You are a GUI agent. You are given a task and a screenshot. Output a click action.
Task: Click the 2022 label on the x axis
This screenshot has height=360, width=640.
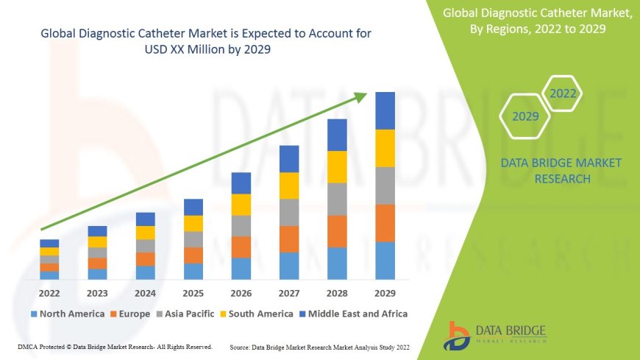49,292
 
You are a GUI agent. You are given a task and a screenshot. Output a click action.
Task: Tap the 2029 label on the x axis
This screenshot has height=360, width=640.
385,292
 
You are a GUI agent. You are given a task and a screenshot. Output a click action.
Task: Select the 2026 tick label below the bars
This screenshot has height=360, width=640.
241,292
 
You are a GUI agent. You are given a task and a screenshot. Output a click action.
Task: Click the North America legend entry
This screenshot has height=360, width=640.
67,314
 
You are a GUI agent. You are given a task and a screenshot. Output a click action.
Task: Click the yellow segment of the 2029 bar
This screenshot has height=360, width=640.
385,148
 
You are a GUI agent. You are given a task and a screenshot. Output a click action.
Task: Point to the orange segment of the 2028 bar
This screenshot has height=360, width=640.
337,231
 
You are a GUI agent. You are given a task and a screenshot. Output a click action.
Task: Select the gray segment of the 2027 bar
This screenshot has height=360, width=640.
289,212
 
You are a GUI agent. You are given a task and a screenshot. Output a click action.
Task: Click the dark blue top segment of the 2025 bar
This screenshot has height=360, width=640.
193,207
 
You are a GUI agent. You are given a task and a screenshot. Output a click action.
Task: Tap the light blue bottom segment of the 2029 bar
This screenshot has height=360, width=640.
385,261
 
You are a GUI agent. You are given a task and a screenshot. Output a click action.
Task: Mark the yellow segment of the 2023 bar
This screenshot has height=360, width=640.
97,241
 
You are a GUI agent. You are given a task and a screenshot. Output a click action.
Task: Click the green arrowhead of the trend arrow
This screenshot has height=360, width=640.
360,96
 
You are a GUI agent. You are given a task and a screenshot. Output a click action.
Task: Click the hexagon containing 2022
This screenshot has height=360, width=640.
563,94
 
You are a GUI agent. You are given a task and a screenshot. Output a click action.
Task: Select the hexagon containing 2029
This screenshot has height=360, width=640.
525,116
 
